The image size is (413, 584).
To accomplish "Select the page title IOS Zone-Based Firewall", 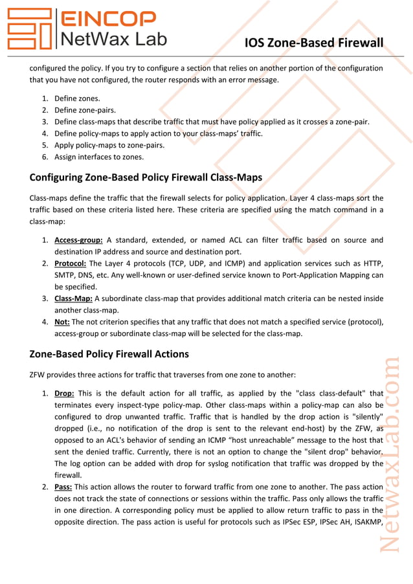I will click(x=314, y=43).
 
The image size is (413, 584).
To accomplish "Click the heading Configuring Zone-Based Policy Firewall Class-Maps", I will click(x=146, y=177).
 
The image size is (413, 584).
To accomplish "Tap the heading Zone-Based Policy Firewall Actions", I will click(x=109, y=354).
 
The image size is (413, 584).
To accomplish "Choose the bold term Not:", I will click(x=62, y=322).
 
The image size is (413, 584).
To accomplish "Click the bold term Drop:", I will click(x=65, y=393).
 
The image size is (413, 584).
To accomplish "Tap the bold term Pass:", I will click(x=63, y=486).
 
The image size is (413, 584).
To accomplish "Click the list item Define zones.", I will click(x=77, y=98).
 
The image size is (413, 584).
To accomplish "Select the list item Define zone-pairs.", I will click(x=85, y=110).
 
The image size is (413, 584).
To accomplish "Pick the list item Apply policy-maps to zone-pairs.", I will click(x=109, y=145).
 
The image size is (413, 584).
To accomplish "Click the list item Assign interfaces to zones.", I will click(x=99, y=157).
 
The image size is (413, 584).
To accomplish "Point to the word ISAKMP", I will click(x=366, y=521).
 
